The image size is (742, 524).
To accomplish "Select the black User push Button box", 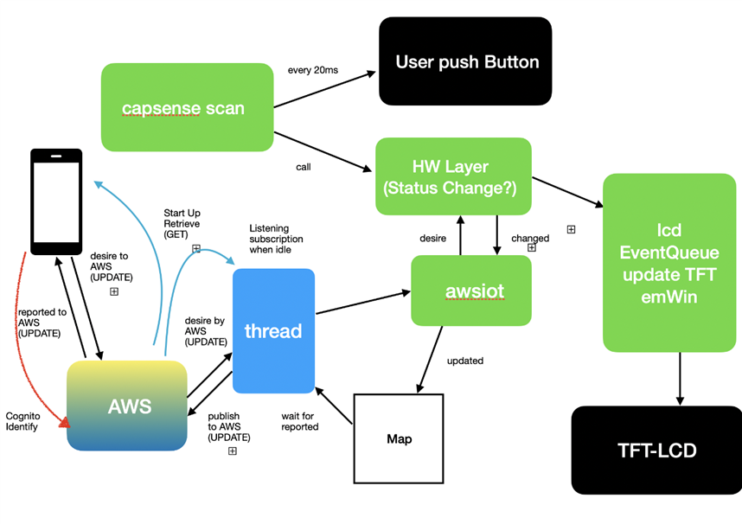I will [x=465, y=61].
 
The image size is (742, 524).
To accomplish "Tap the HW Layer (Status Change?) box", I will [x=453, y=176].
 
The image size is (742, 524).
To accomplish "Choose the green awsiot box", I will [x=471, y=291].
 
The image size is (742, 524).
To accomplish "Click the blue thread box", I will [x=272, y=331].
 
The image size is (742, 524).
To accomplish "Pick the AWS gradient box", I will [x=127, y=406].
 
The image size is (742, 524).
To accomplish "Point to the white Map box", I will [x=399, y=438].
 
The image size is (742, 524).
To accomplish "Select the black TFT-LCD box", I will [x=657, y=450].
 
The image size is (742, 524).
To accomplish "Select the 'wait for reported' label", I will [x=300, y=421].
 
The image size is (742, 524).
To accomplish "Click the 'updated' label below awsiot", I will [x=465, y=360].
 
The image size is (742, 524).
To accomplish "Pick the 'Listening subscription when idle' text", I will [x=276, y=239].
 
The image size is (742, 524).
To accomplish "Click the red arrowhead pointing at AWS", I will [x=63, y=422].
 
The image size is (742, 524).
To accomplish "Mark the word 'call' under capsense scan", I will [x=303, y=167].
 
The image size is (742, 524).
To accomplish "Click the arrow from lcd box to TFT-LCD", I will [x=680, y=378].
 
